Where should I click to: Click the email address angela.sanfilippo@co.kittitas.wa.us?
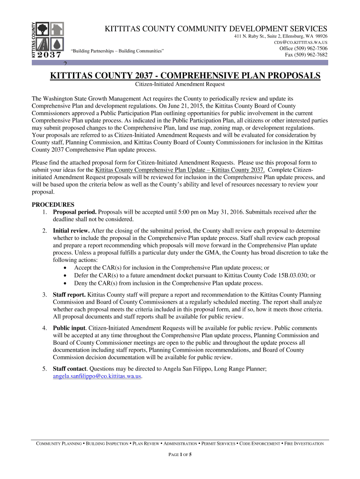[97, 376]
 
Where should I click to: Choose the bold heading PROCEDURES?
[53, 204]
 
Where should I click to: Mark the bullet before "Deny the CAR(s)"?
[65, 283]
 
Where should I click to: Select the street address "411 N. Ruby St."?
[251, 36]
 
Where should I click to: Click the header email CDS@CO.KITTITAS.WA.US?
[301, 43]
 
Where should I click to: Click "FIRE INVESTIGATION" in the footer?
[304, 443]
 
